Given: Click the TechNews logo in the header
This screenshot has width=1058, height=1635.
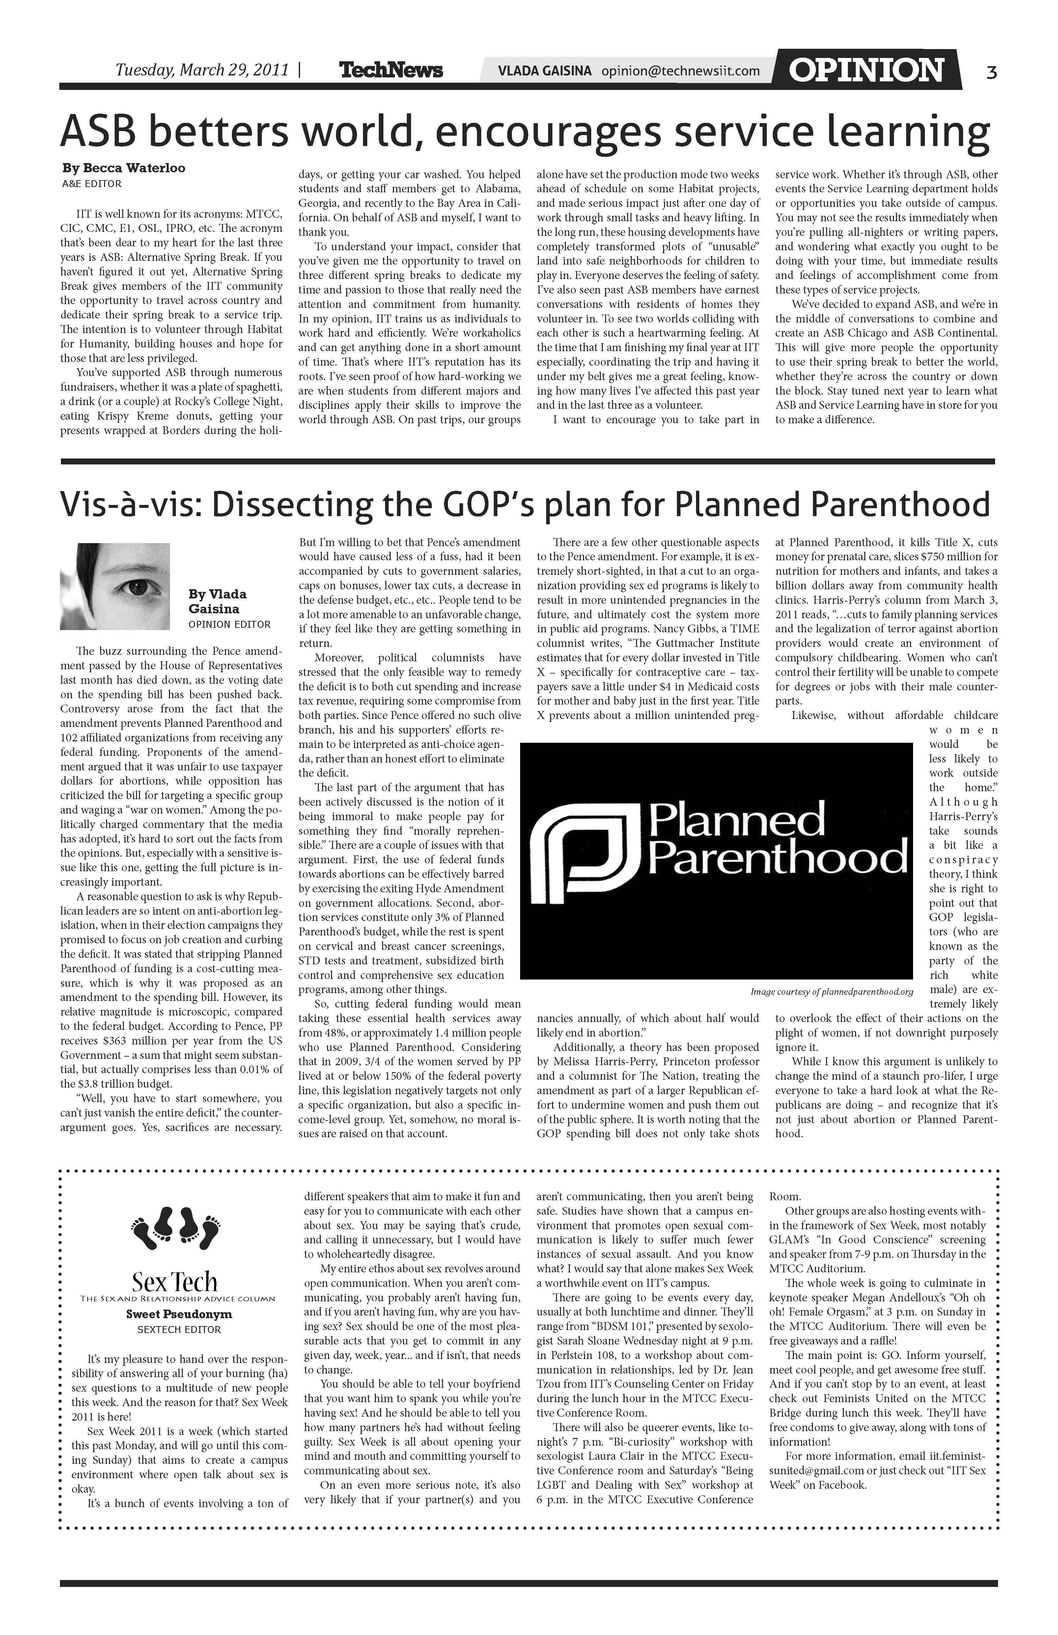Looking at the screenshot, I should [391, 70].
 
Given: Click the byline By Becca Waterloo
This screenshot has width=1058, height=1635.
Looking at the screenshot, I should [124, 168].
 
